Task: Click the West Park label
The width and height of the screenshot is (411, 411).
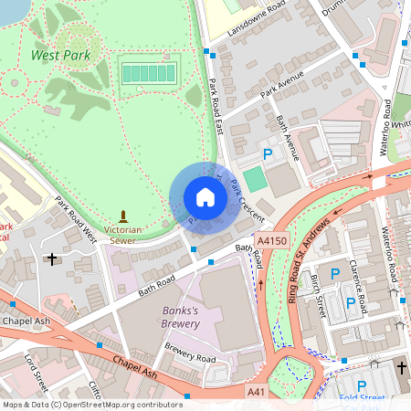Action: point(61,55)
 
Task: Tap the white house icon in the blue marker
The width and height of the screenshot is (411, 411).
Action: point(205,197)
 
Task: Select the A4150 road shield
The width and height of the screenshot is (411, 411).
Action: point(273,240)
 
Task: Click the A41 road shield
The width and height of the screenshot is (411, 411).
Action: point(258,391)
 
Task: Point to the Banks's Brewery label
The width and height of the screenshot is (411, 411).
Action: point(174,317)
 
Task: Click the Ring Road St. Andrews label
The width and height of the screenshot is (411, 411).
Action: point(308,260)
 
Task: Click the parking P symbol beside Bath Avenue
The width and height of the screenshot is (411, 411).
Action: point(268,154)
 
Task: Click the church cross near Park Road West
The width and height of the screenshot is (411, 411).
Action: point(52,259)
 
